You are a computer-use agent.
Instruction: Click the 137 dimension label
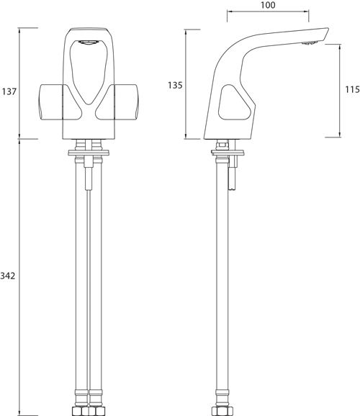click(9, 91)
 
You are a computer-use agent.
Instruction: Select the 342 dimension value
click(9, 276)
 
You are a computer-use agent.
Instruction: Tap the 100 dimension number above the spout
click(268, 5)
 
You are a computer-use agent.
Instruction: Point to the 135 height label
click(174, 85)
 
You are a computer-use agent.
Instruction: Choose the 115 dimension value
click(351, 91)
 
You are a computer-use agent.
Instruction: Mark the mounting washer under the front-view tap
click(89, 151)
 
